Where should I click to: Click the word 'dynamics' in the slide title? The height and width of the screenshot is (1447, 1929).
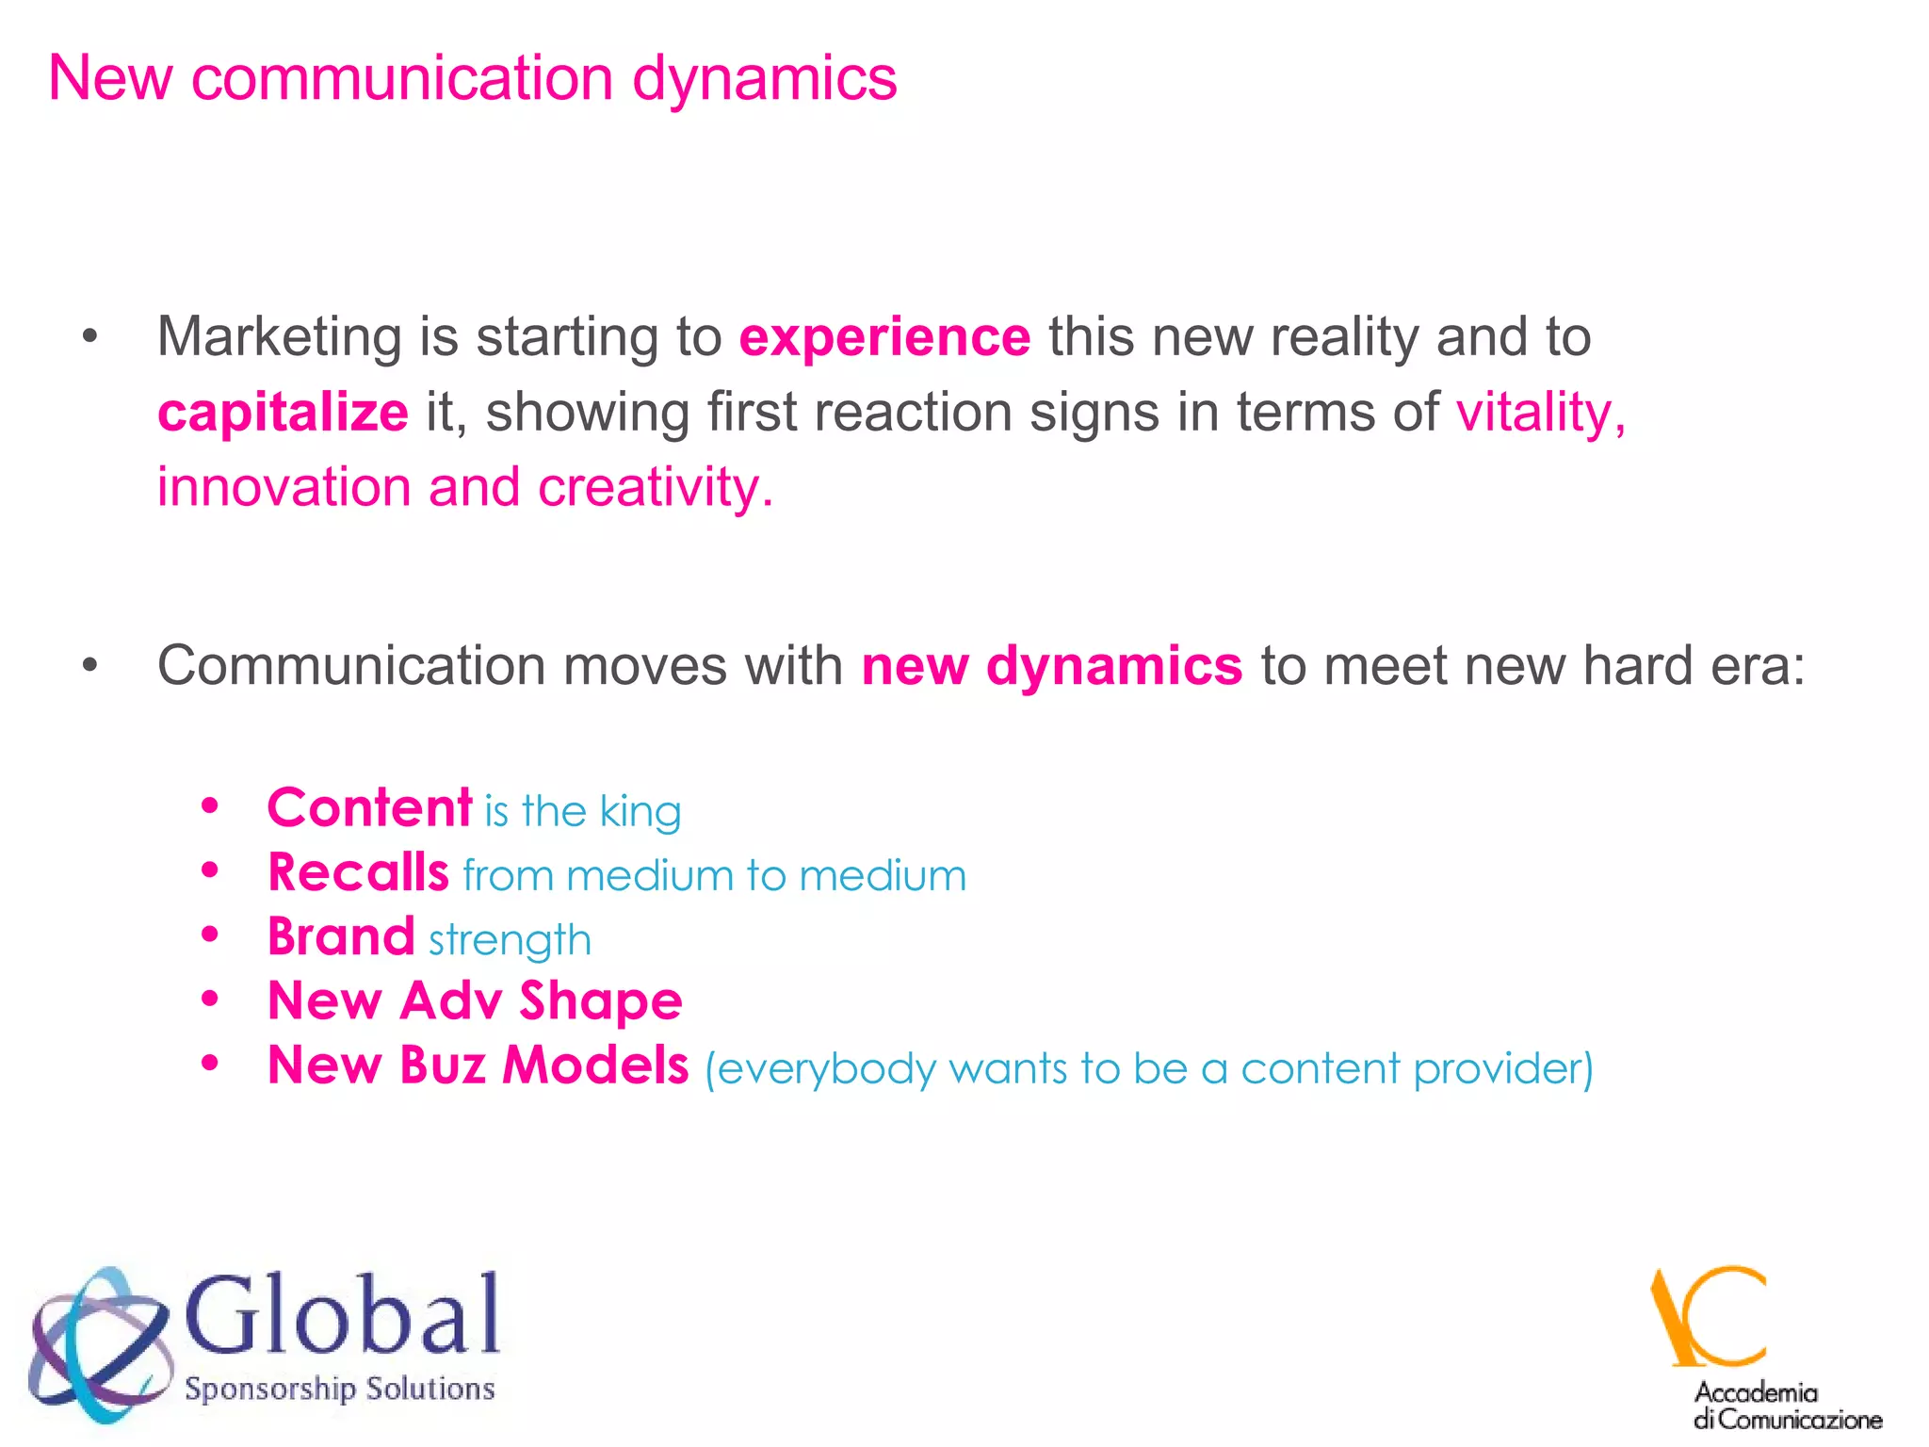(764, 79)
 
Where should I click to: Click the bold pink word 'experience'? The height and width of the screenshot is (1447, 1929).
(884, 337)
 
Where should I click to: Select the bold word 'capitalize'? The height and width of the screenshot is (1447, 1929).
(283, 413)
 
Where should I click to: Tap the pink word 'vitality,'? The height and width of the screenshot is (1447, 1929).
(1540, 413)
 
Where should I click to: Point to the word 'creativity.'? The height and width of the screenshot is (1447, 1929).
(656, 488)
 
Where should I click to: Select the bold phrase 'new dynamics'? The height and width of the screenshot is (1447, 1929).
(1051, 666)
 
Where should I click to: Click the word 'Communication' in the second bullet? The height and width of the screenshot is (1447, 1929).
(350, 666)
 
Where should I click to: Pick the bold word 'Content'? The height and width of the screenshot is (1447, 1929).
(369, 808)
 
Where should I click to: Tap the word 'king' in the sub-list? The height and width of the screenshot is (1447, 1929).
(640, 812)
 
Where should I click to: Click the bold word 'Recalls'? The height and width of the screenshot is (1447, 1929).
(358, 872)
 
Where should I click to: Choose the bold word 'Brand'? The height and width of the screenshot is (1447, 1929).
(341, 937)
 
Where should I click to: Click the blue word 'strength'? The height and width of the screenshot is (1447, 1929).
(510, 941)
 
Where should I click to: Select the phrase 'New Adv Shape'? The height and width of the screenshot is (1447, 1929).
(475, 1000)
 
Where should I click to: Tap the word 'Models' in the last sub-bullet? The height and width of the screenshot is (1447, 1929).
(595, 1065)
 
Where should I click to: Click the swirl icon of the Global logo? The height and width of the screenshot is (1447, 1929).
(99, 1342)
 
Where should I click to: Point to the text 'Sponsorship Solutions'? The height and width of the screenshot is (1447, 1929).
(339, 1389)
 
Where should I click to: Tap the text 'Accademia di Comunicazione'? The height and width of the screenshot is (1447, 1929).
(1786, 1406)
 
